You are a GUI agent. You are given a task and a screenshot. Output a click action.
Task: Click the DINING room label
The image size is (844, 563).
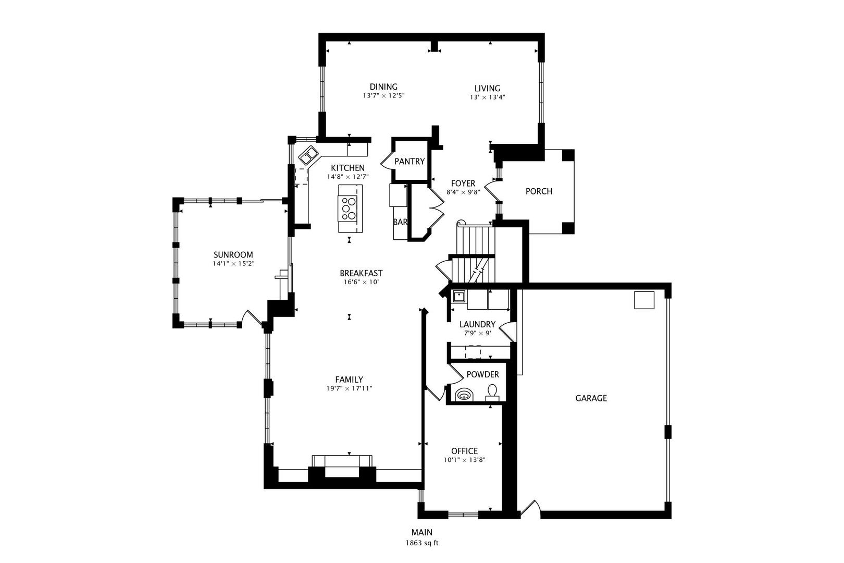pyautogui.click(x=383, y=87)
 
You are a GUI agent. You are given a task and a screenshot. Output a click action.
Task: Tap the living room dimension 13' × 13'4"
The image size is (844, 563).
pyautogui.click(x=487, y=97)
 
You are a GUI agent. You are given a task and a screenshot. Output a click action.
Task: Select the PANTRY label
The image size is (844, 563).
pyautogui.click(x=409, y=162)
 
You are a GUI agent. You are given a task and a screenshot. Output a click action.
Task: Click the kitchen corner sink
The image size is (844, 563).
pyautogui.click(x=308, y=155)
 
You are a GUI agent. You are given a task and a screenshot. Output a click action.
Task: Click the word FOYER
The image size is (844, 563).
pyautogui.click(x=463, y=183)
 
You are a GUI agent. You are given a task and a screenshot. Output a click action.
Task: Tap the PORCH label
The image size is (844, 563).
pyautogui.click(x=539, y=191)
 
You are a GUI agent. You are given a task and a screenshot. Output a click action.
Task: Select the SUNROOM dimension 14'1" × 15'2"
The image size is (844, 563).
pyautogui.click(x=233, y=264)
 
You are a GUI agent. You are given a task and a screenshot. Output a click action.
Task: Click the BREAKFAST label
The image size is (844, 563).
pyautogui.click(x=361, y=273)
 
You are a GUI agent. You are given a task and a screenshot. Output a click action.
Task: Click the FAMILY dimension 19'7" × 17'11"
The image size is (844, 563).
pyautogui.click(x=349, y=388)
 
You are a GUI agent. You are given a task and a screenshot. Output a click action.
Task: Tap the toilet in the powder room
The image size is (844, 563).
pyautogui.click(x=492, y=392)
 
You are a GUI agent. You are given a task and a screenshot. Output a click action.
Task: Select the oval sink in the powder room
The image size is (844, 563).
pyautogui.click(x=463, y=396)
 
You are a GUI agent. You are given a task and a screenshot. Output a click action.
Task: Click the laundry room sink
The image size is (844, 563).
pyautogui.click(x=459, y=297)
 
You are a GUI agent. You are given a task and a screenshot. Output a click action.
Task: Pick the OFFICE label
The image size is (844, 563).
pyautogui.click(x=464, y=451)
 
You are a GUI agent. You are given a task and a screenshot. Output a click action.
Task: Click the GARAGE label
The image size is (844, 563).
pyautogui.click(x=591, y=398)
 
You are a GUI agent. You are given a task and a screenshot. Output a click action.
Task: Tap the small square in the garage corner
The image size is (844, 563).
pyautogui.click(x=644, y=300)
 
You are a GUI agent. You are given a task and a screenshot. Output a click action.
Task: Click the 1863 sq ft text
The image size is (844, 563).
pyautogui.click(x=422, y=543)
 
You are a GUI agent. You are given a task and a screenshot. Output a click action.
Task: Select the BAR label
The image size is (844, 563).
pyautogui.click(x=400, y=222)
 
